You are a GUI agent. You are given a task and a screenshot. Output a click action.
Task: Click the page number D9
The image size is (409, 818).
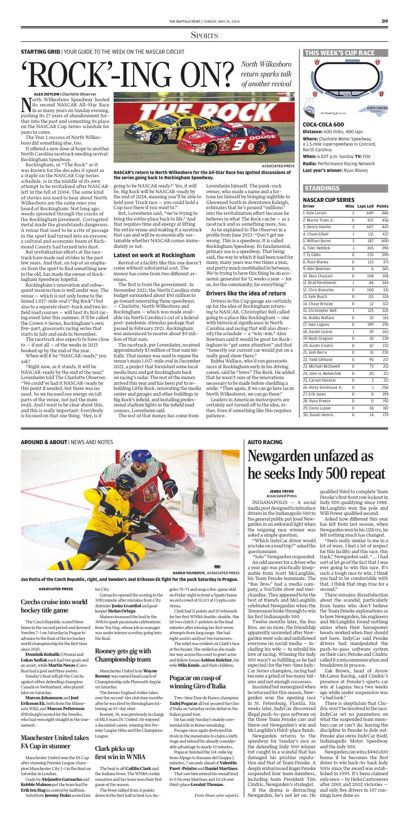point(385,21)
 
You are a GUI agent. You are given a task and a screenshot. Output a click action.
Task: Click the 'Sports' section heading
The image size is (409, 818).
point(204,35)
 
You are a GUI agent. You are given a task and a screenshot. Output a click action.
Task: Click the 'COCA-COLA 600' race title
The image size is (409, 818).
point(323,124)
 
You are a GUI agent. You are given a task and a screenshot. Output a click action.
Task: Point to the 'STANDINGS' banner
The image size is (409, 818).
point(322,188)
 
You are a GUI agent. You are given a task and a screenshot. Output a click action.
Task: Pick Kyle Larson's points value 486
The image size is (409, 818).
point(384,213)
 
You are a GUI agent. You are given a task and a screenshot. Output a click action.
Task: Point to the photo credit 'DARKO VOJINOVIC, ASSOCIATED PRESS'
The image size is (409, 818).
point(206,573)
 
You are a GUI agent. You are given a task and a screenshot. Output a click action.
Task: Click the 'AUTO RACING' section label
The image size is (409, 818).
point(264,442)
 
